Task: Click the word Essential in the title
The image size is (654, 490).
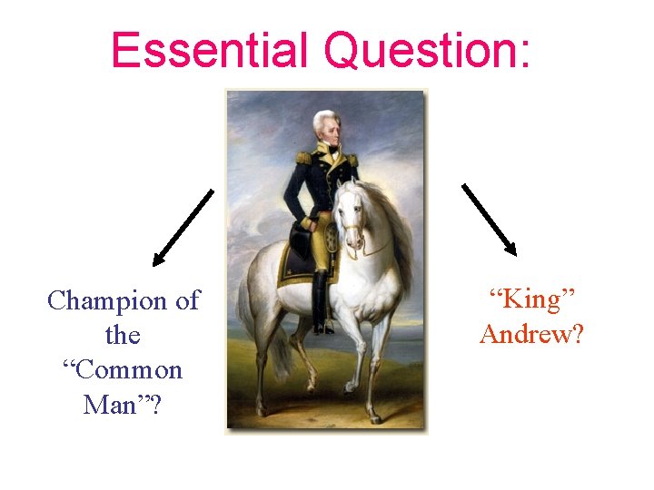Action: click(213, 51)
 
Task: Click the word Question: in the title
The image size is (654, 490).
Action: click(426, 51)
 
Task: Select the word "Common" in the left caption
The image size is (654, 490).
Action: click(123, 370)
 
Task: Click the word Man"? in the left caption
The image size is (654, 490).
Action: click(123, 405)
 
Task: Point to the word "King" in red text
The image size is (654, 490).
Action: click(531, 299)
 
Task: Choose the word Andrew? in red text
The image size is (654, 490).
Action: click(532, 334)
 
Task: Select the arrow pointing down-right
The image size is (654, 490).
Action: click(490, 220)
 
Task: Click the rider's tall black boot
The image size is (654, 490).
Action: click(321, 299)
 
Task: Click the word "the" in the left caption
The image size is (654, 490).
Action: click(123, 335)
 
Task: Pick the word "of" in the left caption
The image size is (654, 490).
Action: click(186, 300)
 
